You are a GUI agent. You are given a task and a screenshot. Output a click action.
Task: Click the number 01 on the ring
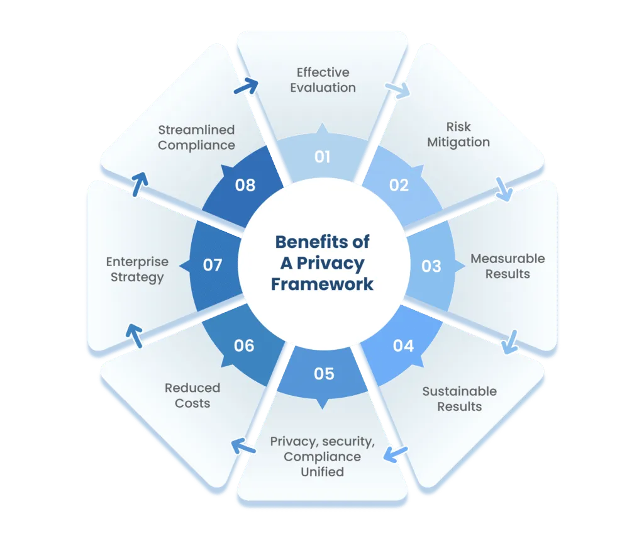(x=323, y=155)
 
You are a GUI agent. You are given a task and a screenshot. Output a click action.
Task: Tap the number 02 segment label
(x=399, y=184)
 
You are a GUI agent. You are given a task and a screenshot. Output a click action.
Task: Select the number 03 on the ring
(x=431, y=266)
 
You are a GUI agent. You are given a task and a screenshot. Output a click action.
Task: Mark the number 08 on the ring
(x=244, y=184)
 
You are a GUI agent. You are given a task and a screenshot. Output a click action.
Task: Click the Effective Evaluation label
(x=323, y=80)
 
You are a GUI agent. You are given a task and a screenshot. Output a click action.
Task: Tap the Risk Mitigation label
(x=458, y=134)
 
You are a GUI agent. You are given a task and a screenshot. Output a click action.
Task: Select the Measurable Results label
(x=508, y=266)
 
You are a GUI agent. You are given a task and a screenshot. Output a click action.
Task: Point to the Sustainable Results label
(x=459, y=398)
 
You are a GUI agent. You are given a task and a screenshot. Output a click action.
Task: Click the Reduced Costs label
(x=192, y=395)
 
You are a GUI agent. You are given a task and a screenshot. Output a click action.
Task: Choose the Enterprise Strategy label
(x=137, y=269)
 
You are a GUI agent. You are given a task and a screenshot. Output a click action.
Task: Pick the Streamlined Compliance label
(x=196, y=137)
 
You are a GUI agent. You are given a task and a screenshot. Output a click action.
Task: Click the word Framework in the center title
(x=323, y=283)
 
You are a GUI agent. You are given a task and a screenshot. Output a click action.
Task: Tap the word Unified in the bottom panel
(x=322, y=471)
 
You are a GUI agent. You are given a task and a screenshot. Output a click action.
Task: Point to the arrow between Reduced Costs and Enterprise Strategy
(x=133, y=335)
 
